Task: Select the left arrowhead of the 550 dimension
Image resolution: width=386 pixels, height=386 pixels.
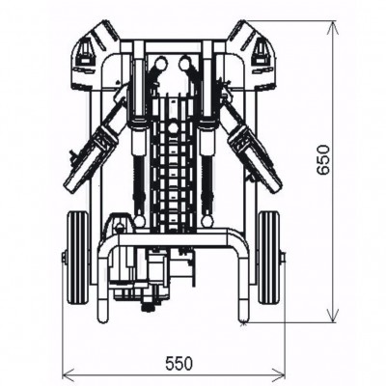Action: pos(66,375)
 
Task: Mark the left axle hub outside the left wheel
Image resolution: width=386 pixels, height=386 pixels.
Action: pos(64,258)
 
